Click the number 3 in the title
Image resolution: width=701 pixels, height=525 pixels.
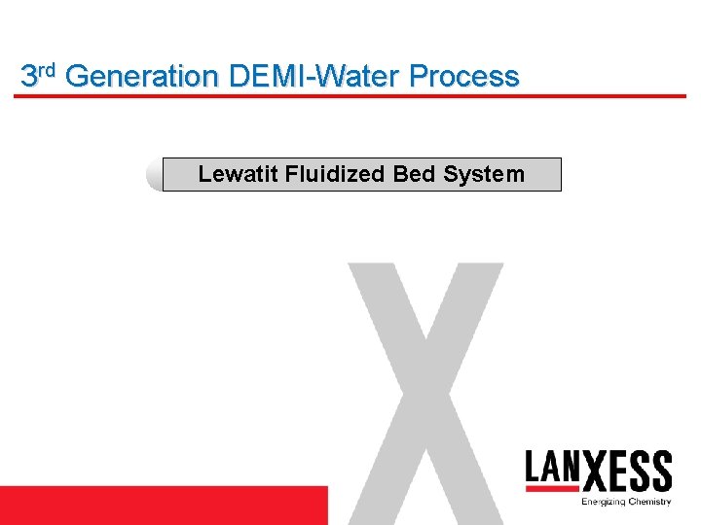tap(29, 76)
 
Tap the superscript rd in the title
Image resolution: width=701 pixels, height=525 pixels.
tap(48, 69)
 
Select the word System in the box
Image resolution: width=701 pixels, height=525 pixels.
tap(484, 175)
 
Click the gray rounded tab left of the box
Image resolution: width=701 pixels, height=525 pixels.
tap(153, 176)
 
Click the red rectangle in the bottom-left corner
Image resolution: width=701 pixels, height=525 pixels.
tap(164, 505)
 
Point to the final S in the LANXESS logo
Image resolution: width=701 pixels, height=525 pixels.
tap(661, 472)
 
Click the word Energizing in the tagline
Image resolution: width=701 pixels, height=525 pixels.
tap(603, 502)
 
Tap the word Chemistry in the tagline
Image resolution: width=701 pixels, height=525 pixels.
tap(648, 502)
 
